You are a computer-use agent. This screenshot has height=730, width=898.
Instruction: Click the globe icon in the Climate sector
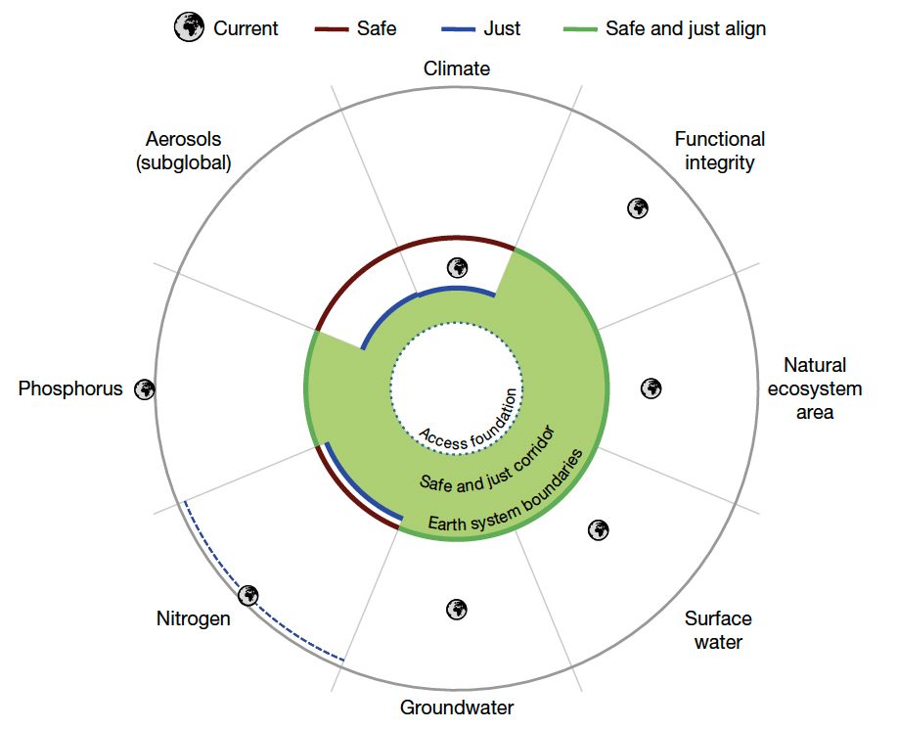457,267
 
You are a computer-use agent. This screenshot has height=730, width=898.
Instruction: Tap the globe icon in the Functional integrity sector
638,207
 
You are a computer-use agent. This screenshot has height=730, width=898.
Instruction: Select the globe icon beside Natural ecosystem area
651,388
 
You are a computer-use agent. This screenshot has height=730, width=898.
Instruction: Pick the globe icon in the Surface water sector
599,529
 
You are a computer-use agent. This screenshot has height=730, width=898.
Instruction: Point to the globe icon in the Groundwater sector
456,609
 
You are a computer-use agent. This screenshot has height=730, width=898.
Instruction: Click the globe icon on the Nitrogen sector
248,594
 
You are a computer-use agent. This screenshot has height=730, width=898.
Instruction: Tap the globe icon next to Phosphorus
145,388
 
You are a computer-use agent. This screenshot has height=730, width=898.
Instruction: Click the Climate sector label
457,68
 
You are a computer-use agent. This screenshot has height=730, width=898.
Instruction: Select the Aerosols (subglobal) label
184,151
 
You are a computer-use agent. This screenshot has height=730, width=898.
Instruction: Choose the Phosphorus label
70,388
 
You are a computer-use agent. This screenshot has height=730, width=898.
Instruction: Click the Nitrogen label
194,618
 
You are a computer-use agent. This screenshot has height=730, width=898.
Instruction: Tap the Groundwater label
457,707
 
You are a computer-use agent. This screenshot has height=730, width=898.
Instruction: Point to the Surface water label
718,630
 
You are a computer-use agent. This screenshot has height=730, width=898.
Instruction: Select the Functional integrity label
720,151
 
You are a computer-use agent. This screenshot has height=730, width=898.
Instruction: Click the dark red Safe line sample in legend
333,28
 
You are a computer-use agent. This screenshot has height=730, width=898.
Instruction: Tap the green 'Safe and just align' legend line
580,28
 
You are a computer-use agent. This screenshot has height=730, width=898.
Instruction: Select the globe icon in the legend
189,28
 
